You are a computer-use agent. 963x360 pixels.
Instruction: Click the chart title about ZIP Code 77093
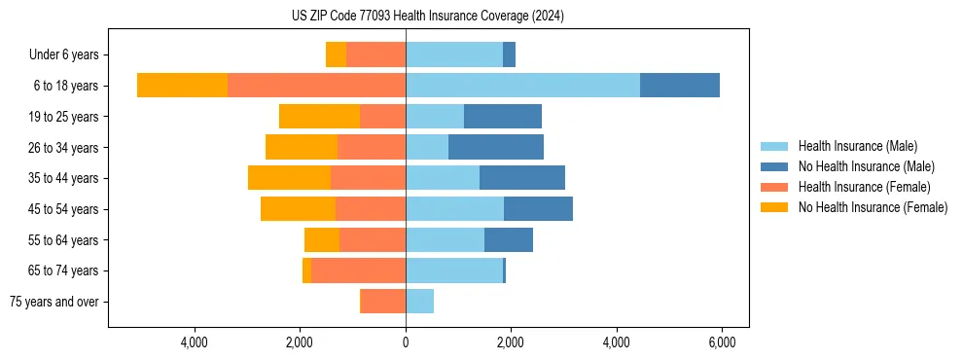click(428, 16)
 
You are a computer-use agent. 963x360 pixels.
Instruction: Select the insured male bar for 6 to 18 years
click(522, 86)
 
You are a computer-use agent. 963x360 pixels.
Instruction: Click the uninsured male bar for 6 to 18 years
click(679, 86)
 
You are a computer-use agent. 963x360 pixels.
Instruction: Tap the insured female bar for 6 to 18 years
click(316, 86)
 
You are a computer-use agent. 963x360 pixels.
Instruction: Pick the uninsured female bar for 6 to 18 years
click(182, 86)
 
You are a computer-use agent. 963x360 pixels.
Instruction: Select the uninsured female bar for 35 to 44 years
click(289, 178)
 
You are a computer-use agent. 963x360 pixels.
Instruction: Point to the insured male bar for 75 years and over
click(419, 302)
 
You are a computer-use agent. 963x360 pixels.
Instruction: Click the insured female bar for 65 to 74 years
click(358, 270)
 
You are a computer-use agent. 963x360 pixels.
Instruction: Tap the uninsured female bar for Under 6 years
click(336, 54)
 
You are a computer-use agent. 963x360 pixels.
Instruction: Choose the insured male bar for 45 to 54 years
click(454, 209)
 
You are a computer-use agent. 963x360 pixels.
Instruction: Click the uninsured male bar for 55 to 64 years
click(508, 239)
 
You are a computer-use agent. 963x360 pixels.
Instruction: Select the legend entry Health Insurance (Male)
click(857, 146)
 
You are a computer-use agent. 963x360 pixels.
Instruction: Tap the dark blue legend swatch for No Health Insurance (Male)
click(774, 166)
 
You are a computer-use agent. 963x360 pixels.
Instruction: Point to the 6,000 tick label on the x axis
click(721, 342)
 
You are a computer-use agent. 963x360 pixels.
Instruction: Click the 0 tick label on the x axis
click(406, 342)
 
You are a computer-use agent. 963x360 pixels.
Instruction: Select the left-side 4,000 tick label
click(195, 342)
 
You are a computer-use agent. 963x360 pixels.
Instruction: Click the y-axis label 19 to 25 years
click(64, 117)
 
